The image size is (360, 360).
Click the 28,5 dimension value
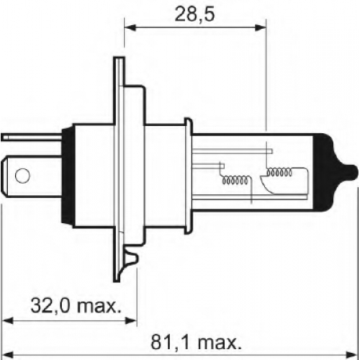pos(194,14)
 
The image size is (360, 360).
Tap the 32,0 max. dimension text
pos(76,306)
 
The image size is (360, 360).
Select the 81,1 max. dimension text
pos(196,343)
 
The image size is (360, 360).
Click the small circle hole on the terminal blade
pos(22,176)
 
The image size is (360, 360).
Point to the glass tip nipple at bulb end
pos(350,173)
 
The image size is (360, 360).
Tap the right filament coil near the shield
pos(279,172)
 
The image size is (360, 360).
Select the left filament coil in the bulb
pos(235,180)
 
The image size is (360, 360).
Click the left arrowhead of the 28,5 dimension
pos(130,27)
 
